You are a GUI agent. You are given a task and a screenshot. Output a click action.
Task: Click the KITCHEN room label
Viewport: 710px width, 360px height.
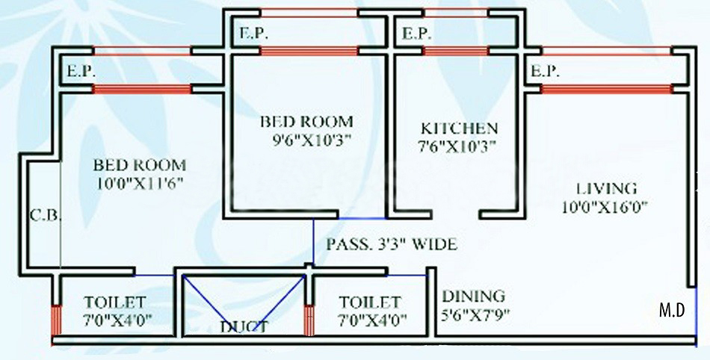coord(459,128)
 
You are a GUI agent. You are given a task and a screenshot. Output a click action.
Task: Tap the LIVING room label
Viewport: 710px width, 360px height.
coord(606,188)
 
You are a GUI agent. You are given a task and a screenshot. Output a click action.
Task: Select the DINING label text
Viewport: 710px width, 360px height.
coord(473,297)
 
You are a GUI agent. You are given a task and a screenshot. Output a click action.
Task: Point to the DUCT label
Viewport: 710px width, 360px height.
coord(244,326)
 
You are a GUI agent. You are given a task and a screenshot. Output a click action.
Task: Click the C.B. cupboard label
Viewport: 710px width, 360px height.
coord(45,215)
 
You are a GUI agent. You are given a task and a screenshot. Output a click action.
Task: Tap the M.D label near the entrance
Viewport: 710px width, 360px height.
coord(672,311)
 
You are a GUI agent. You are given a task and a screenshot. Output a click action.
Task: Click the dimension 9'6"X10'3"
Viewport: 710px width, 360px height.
coord(312,140)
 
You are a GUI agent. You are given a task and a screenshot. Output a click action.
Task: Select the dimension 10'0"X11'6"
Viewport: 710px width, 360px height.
coord(140,183)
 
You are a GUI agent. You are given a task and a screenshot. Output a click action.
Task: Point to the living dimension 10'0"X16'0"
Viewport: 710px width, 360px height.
coord(605,207)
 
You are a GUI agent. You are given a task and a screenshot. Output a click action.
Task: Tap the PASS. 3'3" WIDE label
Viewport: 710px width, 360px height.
coord(392,244)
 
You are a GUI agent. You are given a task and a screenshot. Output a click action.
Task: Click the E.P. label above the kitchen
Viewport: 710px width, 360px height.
coord(416,34)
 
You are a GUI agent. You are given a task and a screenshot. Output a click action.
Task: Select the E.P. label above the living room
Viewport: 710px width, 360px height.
coord(545,71)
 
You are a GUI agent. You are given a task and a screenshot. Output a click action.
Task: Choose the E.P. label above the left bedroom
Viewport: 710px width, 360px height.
coord(81,71)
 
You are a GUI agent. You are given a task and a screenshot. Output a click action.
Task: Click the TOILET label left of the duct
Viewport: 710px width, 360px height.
coord(115,302)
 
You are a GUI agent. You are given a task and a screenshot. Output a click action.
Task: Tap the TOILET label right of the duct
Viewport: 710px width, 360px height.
coord(370,302)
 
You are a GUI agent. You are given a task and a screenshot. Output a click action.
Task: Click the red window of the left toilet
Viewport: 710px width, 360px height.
coord(56,320)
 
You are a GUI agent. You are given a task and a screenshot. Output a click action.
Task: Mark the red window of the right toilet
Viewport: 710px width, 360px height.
coord(309,320)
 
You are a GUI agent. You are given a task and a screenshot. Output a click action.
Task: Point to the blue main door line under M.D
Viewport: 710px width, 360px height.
coord(696,317)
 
